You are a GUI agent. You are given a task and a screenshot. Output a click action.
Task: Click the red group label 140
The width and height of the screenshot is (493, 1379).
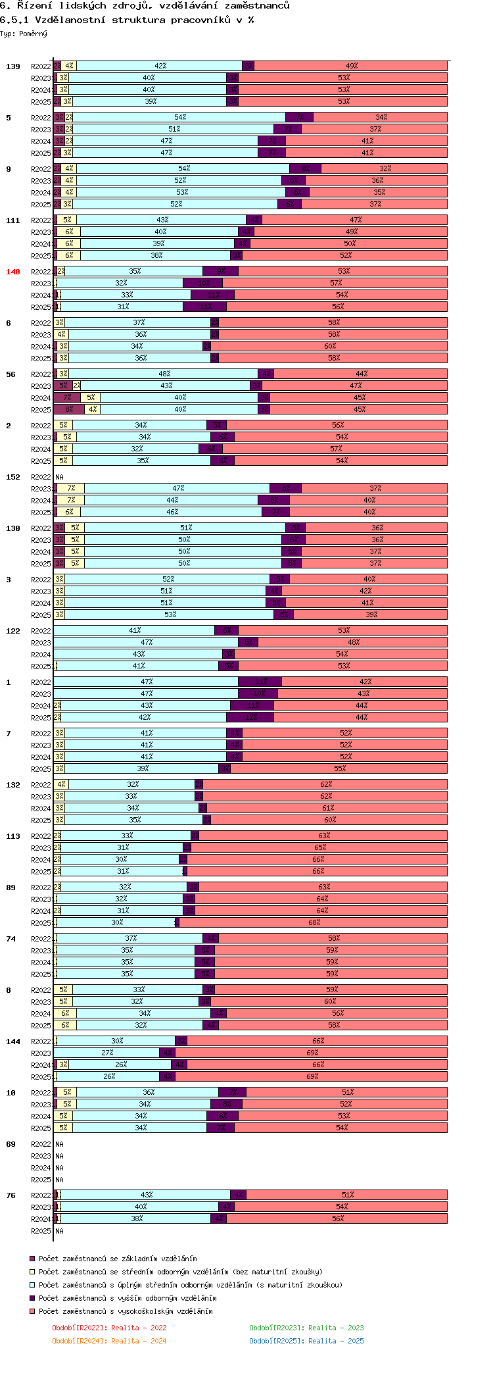coord(13,272)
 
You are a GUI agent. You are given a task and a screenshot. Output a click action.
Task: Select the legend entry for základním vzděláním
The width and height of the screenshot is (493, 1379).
coord(117,1259)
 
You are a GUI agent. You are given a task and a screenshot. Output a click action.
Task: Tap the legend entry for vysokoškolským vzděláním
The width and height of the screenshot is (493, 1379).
coord(125,1311)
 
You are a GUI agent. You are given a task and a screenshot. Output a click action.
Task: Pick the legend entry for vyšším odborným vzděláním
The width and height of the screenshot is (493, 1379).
coord(127,1298)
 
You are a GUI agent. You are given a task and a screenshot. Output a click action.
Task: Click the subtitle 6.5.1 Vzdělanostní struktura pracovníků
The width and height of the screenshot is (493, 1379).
coord(127,20)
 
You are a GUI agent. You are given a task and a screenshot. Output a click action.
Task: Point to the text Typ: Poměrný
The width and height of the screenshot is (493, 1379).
coord(24,34)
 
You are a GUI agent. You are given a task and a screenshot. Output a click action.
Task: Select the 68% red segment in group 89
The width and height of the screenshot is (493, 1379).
coord(314,922)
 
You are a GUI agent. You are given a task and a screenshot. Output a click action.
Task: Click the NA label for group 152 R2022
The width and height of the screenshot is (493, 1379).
coord(59,477)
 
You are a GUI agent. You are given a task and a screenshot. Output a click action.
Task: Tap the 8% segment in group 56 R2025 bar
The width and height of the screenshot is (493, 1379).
coord(69,409)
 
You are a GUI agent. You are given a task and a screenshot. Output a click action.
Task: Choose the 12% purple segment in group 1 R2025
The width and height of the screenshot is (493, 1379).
coord(250,717)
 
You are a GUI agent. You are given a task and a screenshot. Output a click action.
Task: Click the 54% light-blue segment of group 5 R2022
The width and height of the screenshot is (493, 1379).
coord(180,117)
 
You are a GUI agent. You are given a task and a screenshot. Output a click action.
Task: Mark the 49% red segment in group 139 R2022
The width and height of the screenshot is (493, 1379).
coord(352,66)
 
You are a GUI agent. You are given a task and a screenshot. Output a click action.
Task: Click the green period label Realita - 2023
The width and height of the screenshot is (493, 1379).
coord(306,1328)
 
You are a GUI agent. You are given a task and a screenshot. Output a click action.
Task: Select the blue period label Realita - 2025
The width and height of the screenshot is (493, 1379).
coord(306,1341)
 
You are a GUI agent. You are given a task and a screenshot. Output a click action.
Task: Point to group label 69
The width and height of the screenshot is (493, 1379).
coord(11,1144)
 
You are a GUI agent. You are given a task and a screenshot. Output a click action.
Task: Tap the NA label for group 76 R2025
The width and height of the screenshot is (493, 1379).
coord(59,1231)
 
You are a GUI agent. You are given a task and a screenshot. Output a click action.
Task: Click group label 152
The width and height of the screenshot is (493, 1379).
coord(13,477)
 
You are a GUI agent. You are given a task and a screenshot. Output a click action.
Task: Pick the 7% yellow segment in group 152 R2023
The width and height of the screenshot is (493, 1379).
coord(71,488)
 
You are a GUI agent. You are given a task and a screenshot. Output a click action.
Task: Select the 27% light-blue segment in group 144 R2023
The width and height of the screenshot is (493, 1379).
coord(107,1053)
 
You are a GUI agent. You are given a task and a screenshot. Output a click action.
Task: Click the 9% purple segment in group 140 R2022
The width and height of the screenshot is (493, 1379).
coord(220,271)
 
